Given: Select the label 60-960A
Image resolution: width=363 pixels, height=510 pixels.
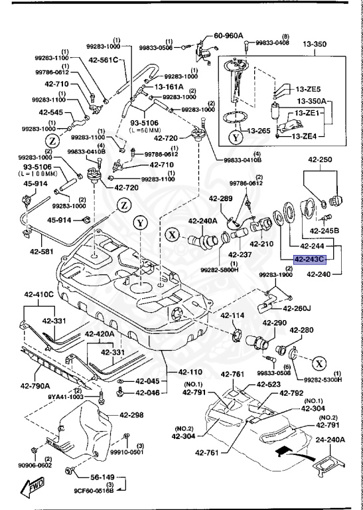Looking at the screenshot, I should click(228, 37).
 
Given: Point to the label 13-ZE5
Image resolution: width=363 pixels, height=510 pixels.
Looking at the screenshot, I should click(309, 89).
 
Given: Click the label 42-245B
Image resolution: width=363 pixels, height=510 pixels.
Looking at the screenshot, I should click(327, 230).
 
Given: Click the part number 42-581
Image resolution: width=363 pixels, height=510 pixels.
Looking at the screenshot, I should click(40, 252).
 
